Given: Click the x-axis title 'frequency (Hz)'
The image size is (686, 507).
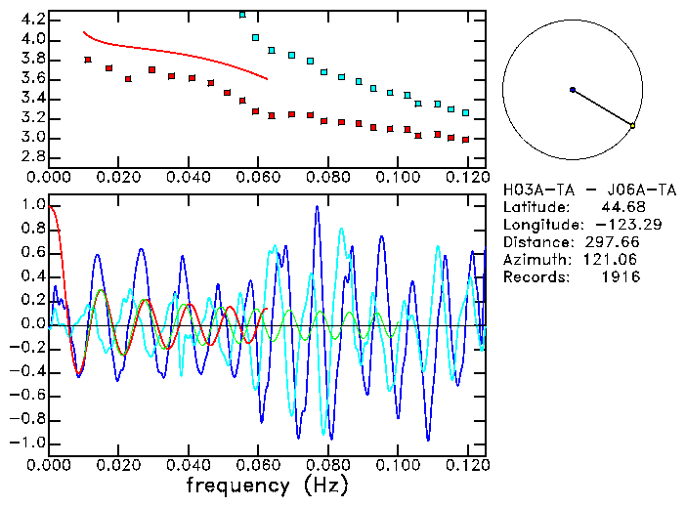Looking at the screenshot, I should coord(266,485).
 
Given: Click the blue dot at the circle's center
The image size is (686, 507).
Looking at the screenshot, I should coord(573,90).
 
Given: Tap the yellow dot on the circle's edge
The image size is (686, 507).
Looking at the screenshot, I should coord(632,126).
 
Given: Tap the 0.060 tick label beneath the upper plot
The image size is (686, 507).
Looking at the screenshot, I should coord(258,179).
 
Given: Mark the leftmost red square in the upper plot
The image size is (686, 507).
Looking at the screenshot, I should coord(88,60).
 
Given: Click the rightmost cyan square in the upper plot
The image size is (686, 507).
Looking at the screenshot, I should coord(465,113).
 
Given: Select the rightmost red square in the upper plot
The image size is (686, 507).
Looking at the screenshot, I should coord(465,140).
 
